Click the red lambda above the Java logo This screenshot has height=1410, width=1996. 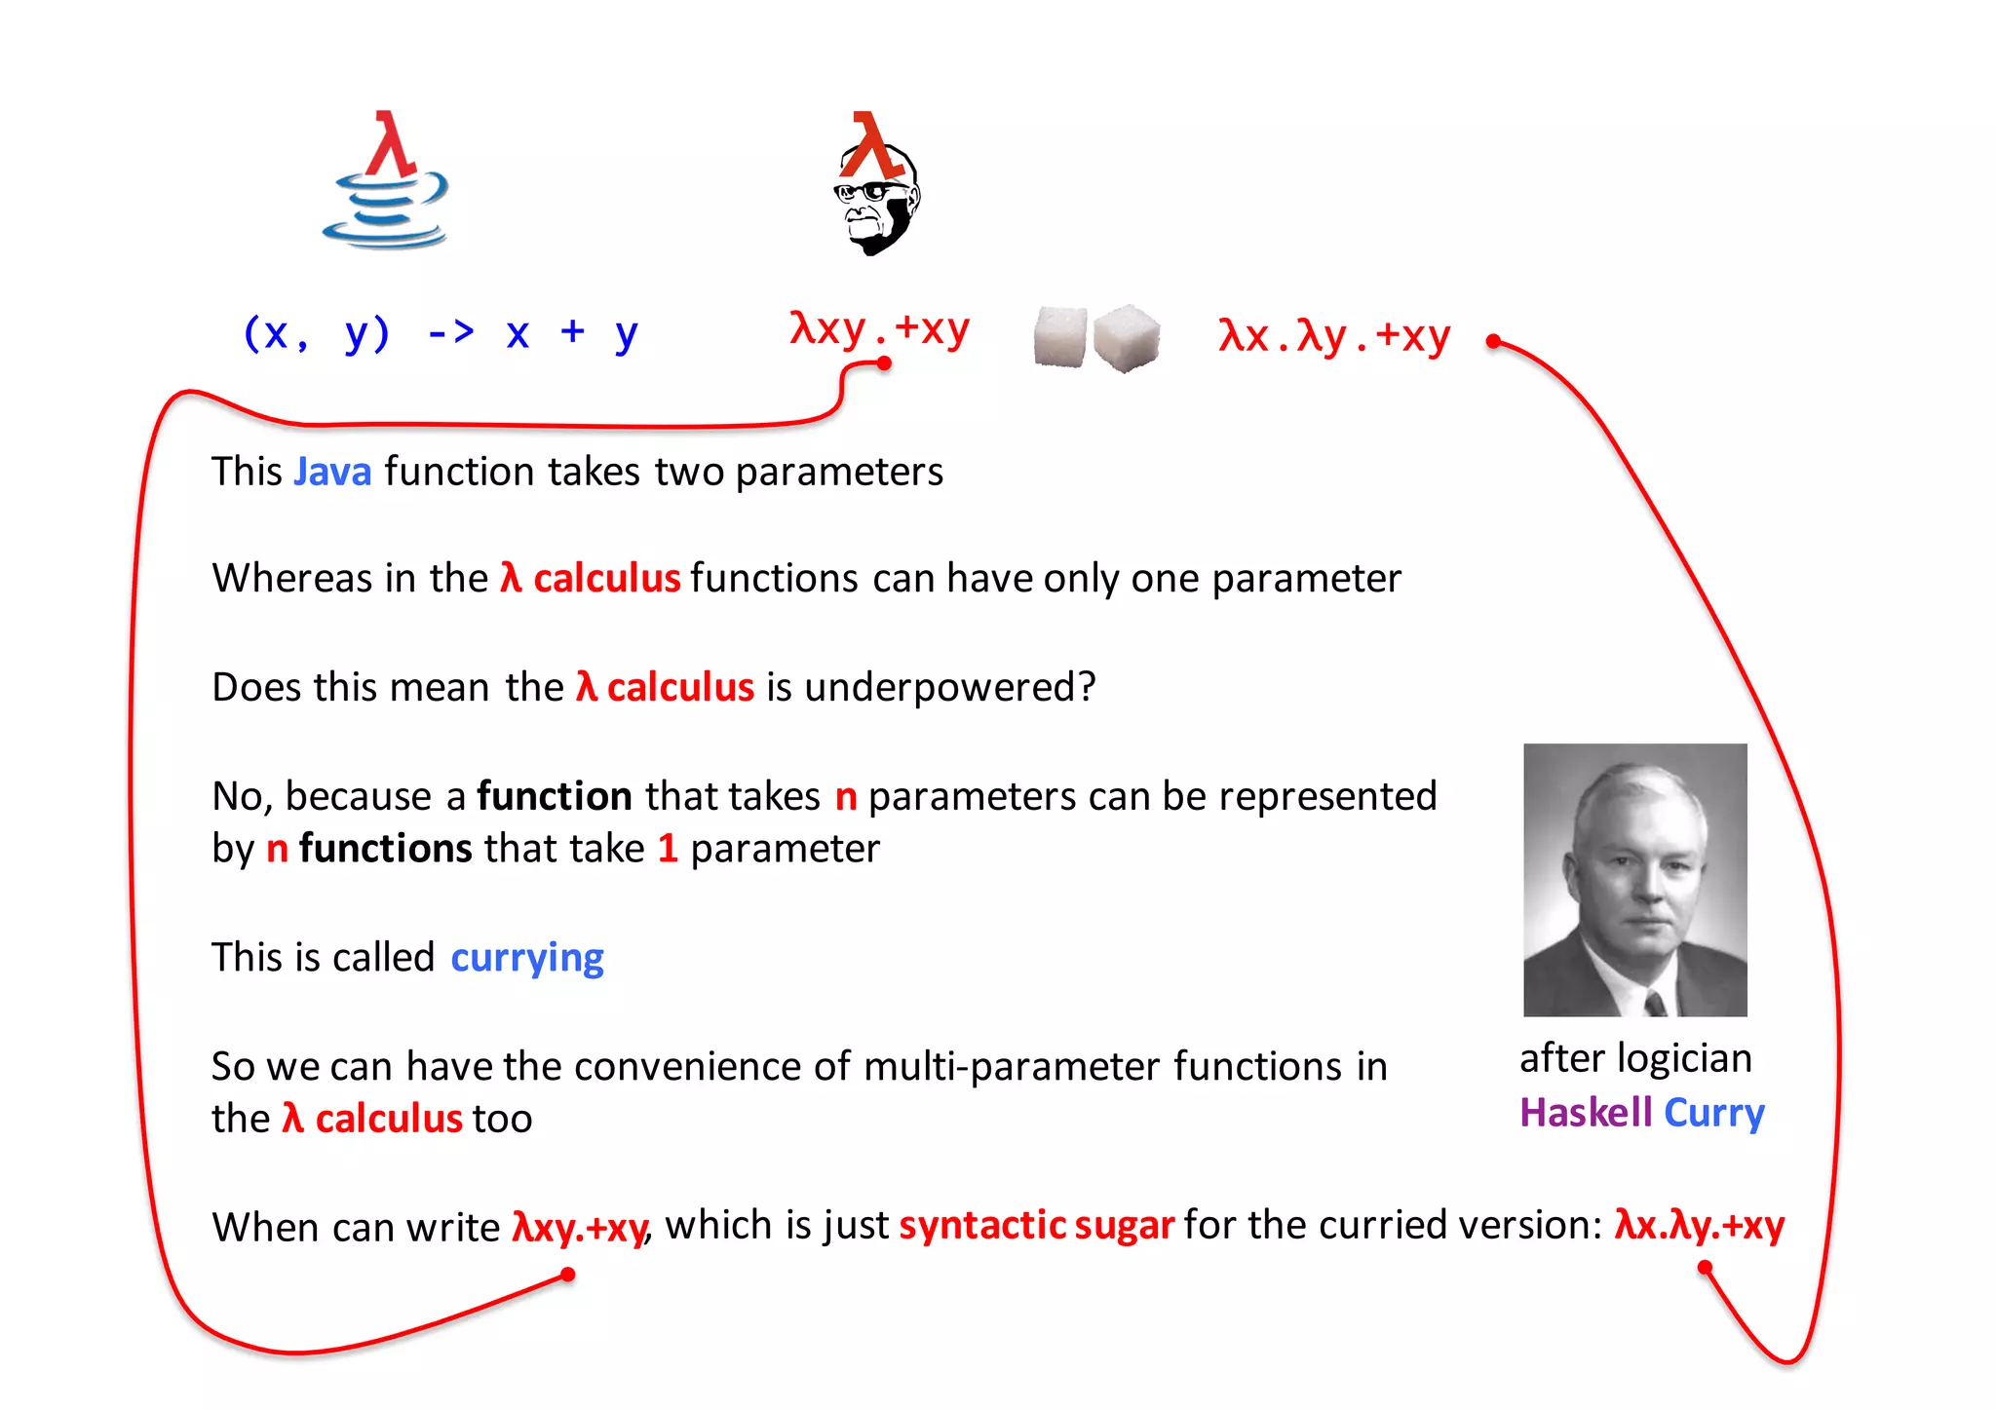pos(391,143)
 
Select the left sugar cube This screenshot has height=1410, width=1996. pos(1059,336)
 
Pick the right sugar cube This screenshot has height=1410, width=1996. pos(1126,337)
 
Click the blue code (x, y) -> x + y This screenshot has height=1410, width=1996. pos(440,333)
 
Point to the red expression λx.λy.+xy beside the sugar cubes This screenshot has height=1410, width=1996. pos(1334,336)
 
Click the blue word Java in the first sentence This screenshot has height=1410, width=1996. pos(332,473)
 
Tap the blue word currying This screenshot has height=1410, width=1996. pos(527,959)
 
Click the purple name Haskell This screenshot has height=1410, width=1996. pos(1586,1113)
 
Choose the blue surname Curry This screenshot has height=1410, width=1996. pos(1714,1113)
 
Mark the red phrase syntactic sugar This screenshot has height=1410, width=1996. pos(1036,1226)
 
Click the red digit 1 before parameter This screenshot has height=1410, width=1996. pos(668,849)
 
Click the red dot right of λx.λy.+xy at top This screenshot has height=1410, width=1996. pos(1493,341)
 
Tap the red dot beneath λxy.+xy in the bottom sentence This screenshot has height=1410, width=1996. pos(568,1275)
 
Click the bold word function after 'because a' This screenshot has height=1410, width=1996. pos(555,797)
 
